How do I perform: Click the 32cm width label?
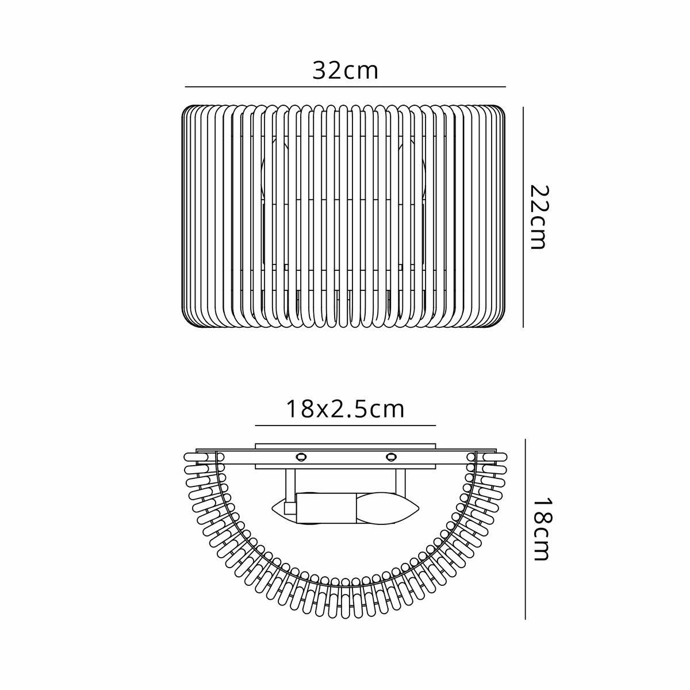pos(345,71)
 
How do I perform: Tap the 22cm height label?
pos(538,217)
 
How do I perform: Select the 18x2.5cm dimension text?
pos(345,409)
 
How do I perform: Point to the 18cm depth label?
pos(540,529)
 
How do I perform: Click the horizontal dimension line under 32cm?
pos(345,87)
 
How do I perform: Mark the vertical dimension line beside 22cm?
pos(523,217)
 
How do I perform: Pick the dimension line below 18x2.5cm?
pos(345,425)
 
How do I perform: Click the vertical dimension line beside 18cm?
pos(526,529)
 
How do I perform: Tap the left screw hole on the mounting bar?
pos(300,457)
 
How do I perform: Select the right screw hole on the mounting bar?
pos(391,457)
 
